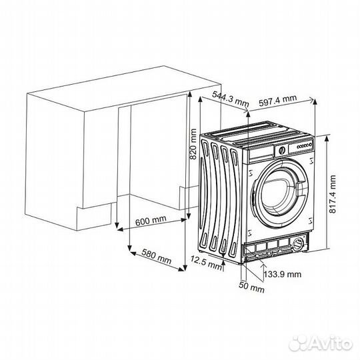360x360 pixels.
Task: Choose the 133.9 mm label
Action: click(281, 274)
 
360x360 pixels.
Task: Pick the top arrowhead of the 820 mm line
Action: click(191, 95)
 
